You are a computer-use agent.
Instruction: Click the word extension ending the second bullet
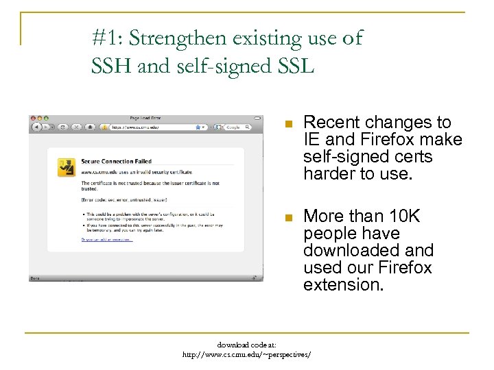[343, 284]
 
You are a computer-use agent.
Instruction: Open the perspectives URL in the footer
[246, 355]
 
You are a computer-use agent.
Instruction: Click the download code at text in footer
[247, 345]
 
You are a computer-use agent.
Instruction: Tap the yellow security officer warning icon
[67, 168]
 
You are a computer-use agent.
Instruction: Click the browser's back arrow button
[36, 127]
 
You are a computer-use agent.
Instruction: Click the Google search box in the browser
[233, 127]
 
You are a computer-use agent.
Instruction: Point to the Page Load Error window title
[145, 117]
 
